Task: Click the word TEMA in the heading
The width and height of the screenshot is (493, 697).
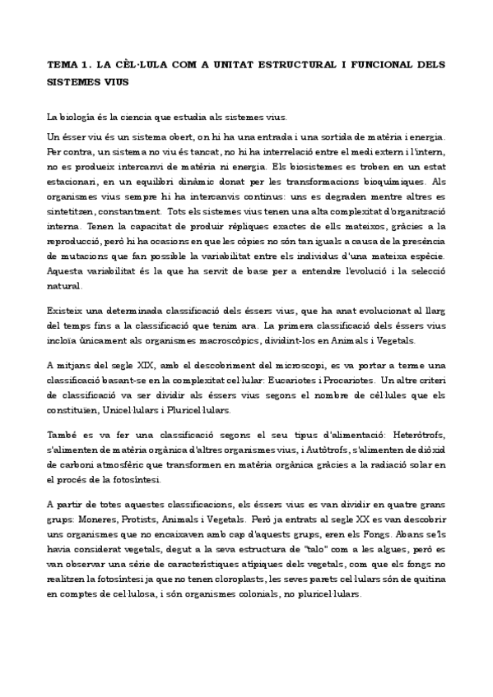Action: point(61,63)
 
